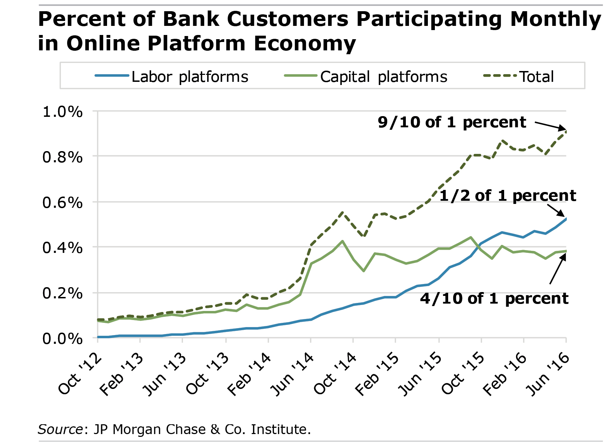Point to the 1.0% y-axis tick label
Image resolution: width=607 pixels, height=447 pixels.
63,112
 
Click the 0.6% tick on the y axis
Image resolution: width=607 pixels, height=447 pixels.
63,203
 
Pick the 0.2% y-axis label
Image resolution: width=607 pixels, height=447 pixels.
63,293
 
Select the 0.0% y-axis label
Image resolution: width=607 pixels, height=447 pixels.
63,339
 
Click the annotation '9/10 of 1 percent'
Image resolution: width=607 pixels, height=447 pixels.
452,122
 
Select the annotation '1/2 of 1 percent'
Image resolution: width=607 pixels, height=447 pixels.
507,196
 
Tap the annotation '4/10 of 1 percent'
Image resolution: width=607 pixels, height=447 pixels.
494,298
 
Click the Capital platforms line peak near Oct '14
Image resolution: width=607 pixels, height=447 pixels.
342,241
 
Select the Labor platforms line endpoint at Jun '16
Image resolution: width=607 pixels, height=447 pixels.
566,219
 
